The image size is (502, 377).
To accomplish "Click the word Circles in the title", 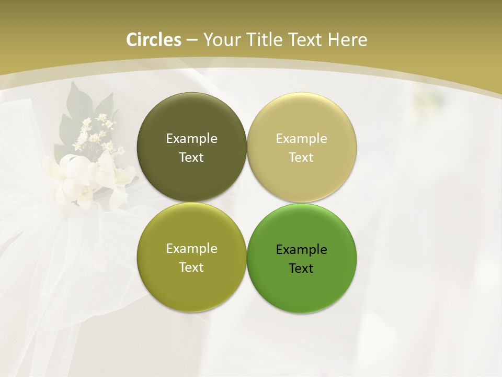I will coord(154,40).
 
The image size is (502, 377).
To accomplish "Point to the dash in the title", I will coord(192,40).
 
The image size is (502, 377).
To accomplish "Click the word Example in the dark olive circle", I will coord(191,138).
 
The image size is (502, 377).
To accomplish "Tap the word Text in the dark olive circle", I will coord(191,157).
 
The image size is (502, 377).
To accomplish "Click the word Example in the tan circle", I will coord(301,138).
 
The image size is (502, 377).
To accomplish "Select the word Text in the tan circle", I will coord(301,157).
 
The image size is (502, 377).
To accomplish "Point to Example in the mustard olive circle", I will coord(191,248).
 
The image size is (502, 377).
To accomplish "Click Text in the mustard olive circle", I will coord(191,267).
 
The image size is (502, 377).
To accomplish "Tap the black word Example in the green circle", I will coord(301,249).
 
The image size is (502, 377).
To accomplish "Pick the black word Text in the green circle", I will coord(301,268).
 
